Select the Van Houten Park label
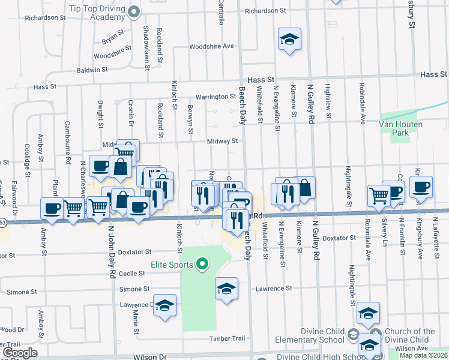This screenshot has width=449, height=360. (x=400, y=128)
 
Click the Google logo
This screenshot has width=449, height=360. (x=20, y=353)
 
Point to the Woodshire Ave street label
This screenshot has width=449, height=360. (x=211, y=46)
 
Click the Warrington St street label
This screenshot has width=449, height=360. (x=215, y=97)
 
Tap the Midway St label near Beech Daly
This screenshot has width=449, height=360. (x=223, y=142)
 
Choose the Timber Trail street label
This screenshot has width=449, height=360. (x=226, y=339)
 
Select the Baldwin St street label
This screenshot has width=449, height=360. (x=92, y=70)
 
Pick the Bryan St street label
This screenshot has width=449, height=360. (x=112, y=37)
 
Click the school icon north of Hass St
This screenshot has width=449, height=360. (x=289, y=40)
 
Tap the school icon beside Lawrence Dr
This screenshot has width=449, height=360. (x=164, y=306)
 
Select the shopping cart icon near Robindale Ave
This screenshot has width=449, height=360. (x=379, y=195)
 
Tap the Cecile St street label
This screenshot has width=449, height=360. (x=132, y=273)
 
